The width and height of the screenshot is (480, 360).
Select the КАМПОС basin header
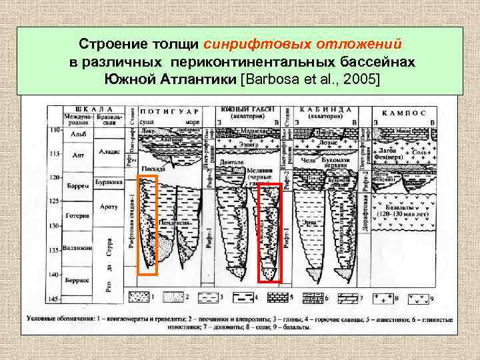(403, 111)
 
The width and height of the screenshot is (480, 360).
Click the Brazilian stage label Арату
(108, 207)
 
